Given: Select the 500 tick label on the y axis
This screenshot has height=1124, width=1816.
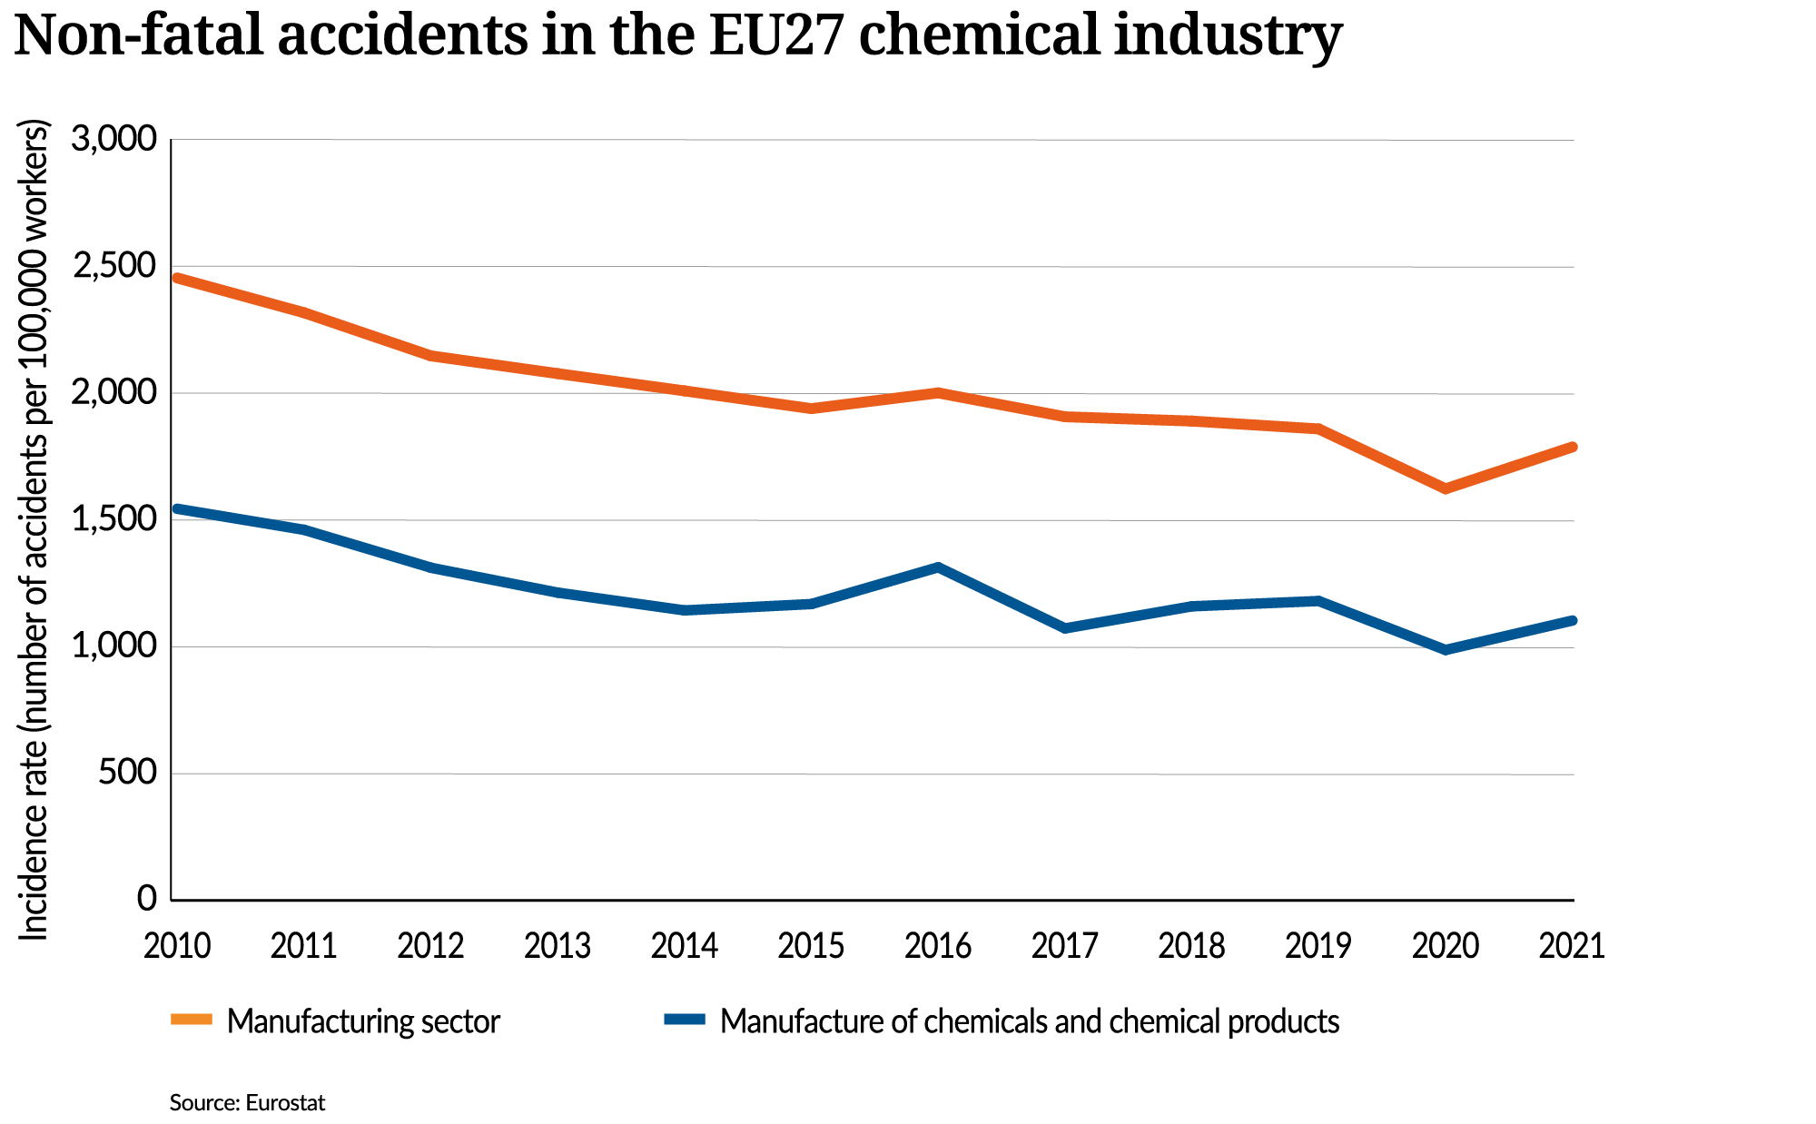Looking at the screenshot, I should (128, 774).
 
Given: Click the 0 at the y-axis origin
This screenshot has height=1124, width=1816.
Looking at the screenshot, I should (147, 900).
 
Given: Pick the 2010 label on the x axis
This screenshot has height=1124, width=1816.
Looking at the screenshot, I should (178, 947).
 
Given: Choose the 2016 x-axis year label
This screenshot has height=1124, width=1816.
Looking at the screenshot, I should (938, 947).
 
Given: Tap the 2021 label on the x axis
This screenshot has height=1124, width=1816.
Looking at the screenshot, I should (1572, 947).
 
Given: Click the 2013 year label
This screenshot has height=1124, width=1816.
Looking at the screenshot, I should (558, 947).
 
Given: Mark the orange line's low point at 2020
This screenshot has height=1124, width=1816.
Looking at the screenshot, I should (1446, 488).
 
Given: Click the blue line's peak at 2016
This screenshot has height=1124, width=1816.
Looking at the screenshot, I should (938, 567).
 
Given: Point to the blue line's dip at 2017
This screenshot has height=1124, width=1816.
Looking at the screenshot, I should (1065, 628).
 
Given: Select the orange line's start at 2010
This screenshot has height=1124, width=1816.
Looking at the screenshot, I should (177, 278).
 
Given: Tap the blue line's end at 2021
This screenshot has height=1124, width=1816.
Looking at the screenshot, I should (1572, 621).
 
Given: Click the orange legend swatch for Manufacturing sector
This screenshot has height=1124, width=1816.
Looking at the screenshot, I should (191, 1020).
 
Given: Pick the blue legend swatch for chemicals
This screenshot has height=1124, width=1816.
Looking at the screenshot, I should (685, 1020).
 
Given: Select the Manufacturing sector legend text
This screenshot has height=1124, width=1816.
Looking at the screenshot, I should (363, 1021).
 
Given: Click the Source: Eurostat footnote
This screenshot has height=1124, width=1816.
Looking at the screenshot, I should (247, 1103).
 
